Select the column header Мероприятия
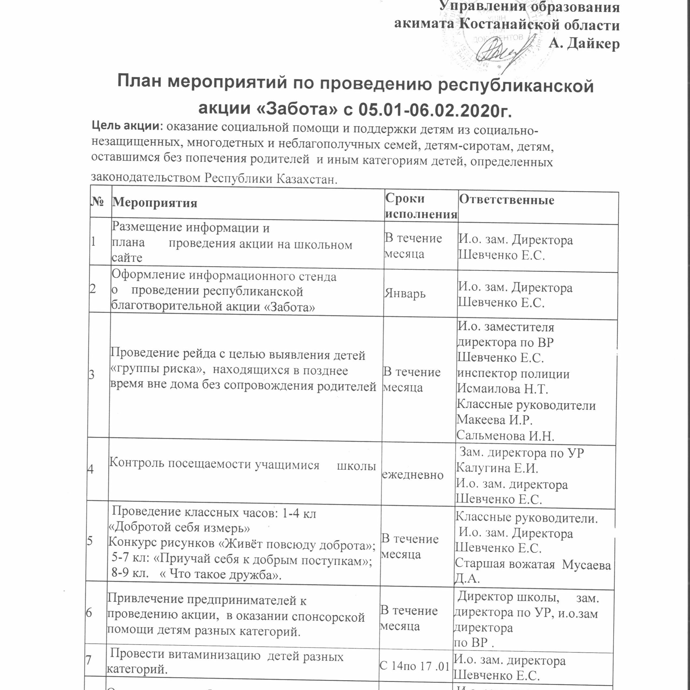pyautogui.click(x=155, y=203)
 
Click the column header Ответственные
pyautogui.click(x=506, y=200)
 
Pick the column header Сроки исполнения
pyautogui.click(x=421, y=206)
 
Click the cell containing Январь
pyautogui.click(x=405, y=294)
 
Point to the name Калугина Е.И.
pyautogui.click(x=497, y=468)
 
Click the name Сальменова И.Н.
pyautogui.click(x=505, y=435)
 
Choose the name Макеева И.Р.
pyautogui.click(x=495, y=420)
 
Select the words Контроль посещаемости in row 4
pyautogui.click(x=180, y=463)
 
